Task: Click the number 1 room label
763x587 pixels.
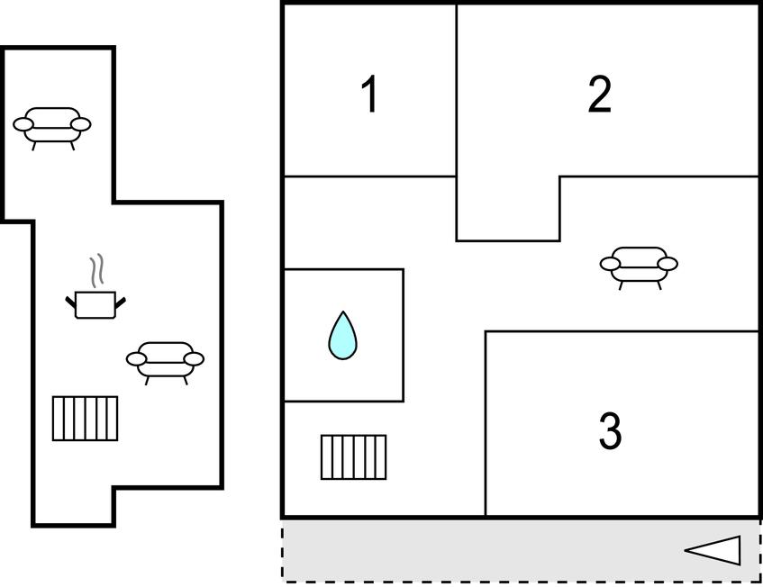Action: coord(370,94)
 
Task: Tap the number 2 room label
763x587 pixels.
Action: coord(600,95)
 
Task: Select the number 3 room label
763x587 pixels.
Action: coord(610,431)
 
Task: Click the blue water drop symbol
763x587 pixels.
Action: coord(342,336)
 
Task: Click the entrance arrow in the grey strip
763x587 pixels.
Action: coord(713,550)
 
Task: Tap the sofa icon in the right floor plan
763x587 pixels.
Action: coord(639,267)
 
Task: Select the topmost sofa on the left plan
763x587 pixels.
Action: coord(51,128)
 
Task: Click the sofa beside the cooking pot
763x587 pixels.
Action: coord(165,363)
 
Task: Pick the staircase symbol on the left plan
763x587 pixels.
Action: coord(86,419)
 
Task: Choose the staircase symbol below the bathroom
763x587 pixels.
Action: coord(354,457)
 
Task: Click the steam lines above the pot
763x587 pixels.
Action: coord(96,270)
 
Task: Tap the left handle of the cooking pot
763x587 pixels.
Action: coord(71,302)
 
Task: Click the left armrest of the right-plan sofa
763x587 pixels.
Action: coord(610,264)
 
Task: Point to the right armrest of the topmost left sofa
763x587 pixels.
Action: coord(81,124)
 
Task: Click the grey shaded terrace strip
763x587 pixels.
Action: coord(522,550)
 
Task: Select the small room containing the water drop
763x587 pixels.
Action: coord(343,335)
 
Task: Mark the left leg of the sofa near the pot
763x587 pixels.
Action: coord(148,380)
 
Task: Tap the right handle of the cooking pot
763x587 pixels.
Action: coord(120,302)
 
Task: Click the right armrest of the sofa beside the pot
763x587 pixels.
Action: coord(195,359)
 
